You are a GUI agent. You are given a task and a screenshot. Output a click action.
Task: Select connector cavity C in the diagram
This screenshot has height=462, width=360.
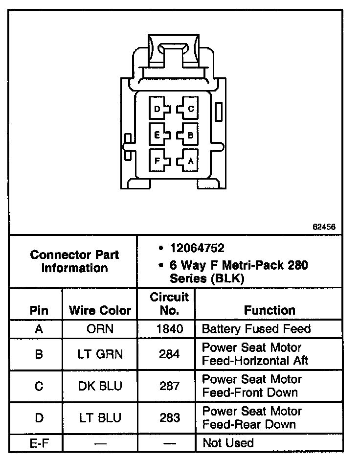(x=189, y=109)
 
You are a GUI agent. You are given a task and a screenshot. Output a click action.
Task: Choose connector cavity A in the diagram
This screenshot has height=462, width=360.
(x=189, y=160)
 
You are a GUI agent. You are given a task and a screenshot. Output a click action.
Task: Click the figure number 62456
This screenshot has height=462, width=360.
(x=324, y=227)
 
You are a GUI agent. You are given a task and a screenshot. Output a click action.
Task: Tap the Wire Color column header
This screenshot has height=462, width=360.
(x=100, y=310)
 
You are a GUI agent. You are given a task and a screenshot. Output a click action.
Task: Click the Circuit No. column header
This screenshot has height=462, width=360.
(x=169, y=303)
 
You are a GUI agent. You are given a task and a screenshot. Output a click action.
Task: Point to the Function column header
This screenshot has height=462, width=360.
(x=270, y=310)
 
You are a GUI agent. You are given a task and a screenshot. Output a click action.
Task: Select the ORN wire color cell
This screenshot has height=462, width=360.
(x=100, y=329)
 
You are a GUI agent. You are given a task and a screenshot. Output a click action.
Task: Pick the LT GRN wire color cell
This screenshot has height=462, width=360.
(x=100, y=354)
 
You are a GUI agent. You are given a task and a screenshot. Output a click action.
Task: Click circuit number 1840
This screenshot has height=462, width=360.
(x=169, y=329)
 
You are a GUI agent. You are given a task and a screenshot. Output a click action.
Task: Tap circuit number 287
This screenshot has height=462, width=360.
(x=169, y=386)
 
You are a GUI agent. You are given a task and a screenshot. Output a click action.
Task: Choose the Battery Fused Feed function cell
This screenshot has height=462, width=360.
(x=256, y=329)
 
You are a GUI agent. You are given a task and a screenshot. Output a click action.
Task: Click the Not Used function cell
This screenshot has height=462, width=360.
(x=228, y=443)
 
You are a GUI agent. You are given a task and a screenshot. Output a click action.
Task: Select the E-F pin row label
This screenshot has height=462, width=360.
(x=39, y=443)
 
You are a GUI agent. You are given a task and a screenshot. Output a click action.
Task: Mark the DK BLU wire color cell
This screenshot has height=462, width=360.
(x=100, y=386)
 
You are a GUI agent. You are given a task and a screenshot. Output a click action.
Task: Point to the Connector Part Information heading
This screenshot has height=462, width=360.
(x=74, y=261)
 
